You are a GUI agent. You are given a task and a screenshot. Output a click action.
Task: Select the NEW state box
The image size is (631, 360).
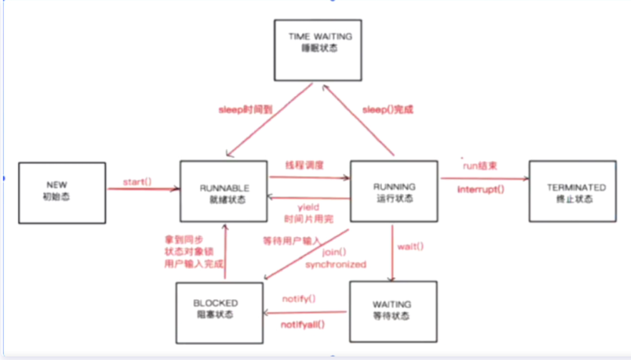pos(61,190)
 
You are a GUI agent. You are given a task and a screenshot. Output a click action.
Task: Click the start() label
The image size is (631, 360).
pos(137,182)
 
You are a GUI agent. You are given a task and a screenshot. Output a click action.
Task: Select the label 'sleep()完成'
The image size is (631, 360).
pos(388,110)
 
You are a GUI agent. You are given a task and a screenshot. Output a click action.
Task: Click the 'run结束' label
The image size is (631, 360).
pos(479,165)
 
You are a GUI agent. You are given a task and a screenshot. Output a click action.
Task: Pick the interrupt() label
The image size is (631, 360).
pos(481,188)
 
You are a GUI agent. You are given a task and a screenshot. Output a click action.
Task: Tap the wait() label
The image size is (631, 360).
pos(411,248)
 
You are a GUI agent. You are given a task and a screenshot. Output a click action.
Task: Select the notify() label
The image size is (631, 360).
pos(299,298)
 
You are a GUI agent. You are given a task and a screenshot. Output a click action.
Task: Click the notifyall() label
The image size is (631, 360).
pos(303,324)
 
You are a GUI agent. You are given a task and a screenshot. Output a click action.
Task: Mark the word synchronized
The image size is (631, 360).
pos(336,264)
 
